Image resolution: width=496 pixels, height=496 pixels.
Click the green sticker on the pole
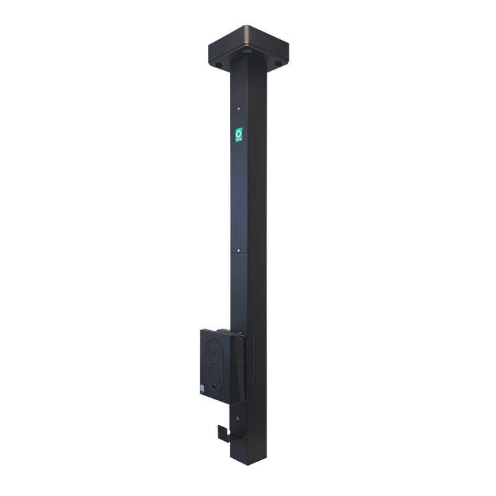239,135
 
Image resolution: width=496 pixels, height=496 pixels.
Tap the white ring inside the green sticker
239,132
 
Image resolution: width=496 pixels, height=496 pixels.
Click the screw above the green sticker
238,107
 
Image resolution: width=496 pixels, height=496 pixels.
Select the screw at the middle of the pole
238,251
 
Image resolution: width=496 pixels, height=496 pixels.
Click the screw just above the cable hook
238,416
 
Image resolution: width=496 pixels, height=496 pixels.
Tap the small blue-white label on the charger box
204,387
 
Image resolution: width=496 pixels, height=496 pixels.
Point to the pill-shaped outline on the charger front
216,362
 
